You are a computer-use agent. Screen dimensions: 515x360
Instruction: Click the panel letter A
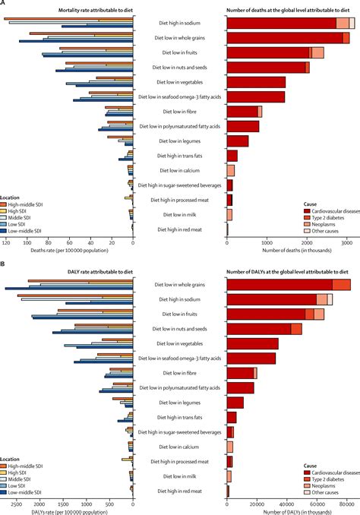pyautogui.click(x=3, y=3)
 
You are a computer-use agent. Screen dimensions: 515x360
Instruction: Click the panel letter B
pyautogui.click(x=3, y=263)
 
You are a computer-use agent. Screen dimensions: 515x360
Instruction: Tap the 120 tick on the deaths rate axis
pyautogui.click(x=6, y=243)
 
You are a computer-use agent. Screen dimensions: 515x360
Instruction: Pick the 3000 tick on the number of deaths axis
pyautogui.click(x=346, y=243)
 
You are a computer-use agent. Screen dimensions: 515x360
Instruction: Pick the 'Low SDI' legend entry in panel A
pyautogui.click(x=22, y=225)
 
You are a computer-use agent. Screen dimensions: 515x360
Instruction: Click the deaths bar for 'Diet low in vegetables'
pyautogui.click(x=256, y=82)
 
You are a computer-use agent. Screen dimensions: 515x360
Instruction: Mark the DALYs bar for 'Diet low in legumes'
pyautogui.click(x=235, y=402)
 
